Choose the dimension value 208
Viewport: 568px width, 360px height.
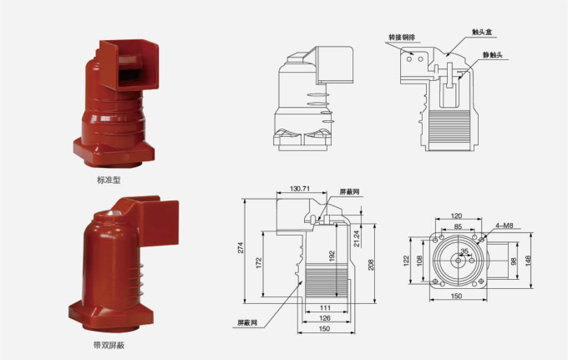pyautogui.click(x=371, y=264)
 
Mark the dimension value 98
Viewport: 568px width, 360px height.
pyautogui.click(x=514, y=261)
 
